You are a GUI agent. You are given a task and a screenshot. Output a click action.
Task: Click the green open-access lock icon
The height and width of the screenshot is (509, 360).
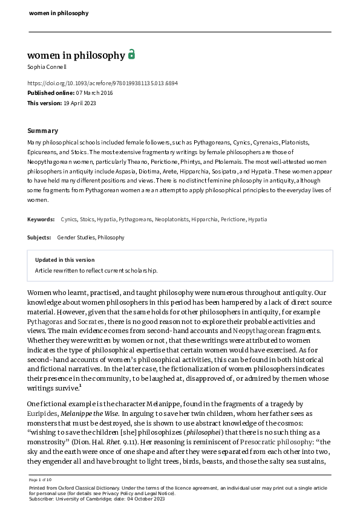point(131,54)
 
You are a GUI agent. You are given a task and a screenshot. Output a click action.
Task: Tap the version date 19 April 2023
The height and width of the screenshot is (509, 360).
point(80,103)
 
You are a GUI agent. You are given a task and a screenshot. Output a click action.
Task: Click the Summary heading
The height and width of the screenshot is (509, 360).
point(43,131)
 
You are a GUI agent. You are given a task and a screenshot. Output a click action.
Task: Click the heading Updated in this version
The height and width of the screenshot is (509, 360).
point(64,260)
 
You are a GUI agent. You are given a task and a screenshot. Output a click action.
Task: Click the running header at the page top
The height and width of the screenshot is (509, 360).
point(59,13)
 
